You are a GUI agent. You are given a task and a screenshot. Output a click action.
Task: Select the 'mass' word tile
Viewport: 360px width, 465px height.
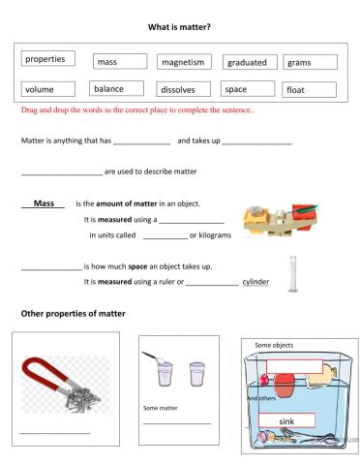pos(119,62)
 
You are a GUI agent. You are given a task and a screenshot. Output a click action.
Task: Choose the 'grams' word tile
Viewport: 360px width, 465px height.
pos(309,62)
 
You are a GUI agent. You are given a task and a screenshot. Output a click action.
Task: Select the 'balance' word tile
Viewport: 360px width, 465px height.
pos(118,89)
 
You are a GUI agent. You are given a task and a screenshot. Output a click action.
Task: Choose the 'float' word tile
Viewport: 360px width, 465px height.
pos(309,90)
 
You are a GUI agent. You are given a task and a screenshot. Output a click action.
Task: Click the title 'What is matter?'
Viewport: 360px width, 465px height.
pos(180,27)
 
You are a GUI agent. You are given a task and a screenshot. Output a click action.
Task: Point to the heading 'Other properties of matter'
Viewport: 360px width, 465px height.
pos(76,313)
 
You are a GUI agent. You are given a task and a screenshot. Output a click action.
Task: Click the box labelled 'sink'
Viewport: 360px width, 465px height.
pos(286,421)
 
